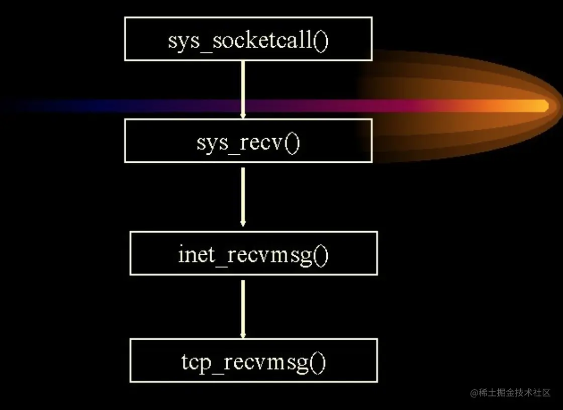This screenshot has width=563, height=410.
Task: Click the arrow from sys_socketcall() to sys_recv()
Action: click(243, 90)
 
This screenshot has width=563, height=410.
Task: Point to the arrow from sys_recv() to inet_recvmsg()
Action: click(243, 197)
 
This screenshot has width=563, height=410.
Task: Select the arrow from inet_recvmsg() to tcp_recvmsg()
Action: click(243, 309)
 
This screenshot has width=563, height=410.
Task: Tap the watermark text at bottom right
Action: click(510, 393)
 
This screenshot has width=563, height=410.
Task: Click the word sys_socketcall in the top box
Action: click(240, 41)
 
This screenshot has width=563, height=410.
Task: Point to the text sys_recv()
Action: click(248, 143)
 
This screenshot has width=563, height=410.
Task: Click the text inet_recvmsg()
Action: click(253, 255)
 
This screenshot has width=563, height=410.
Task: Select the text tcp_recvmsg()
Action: click(253, 362)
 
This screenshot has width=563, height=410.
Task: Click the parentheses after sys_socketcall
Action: click(321, 41)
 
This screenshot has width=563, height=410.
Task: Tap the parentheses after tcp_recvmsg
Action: click(318, 363)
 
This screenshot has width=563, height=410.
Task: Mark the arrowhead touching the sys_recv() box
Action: click(243, 116)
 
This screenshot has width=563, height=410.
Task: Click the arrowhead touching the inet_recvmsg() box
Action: click(243, 223)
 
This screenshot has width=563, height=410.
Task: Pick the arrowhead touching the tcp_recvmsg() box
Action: click(243, 335)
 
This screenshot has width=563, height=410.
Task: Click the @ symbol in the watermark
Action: click(475, 393)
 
